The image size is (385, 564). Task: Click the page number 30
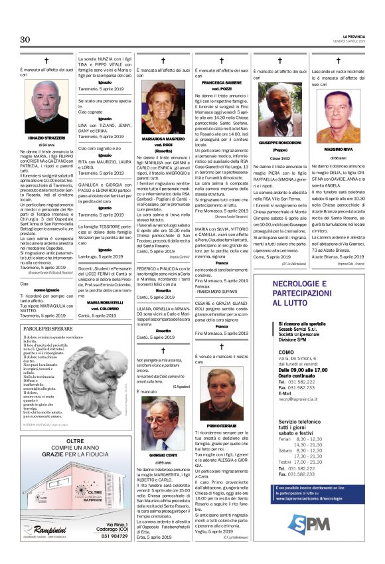[x=27, y=39]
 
